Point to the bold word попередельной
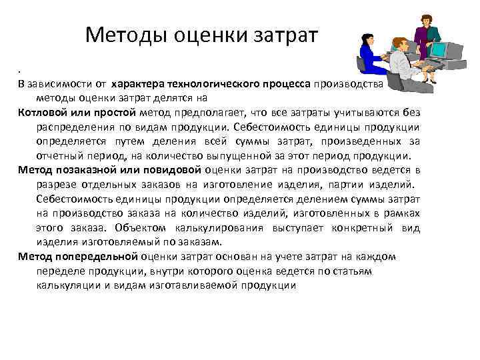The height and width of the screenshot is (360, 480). point(95,256)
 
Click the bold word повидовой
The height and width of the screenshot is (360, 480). point(167,170)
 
